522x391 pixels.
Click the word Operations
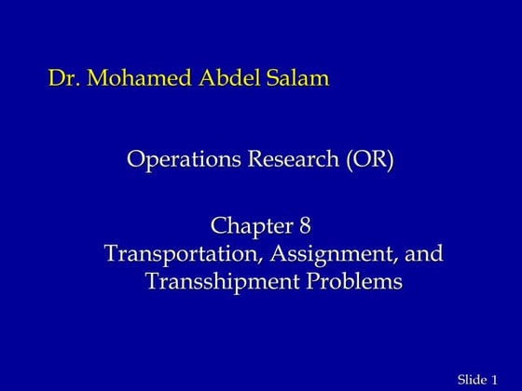pyautogui.click(x=183, y=160)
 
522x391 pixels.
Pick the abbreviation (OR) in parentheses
pyautogui.click(x=370, y=160)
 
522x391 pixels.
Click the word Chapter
pyautogui.click(x=249, y=226)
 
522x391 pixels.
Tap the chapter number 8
pyautogui.click(x=304, y=226)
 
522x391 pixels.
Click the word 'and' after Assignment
pyautogui.click(x=424, y=253)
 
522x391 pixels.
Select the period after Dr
pyautogui.click(x=74, y=85)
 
